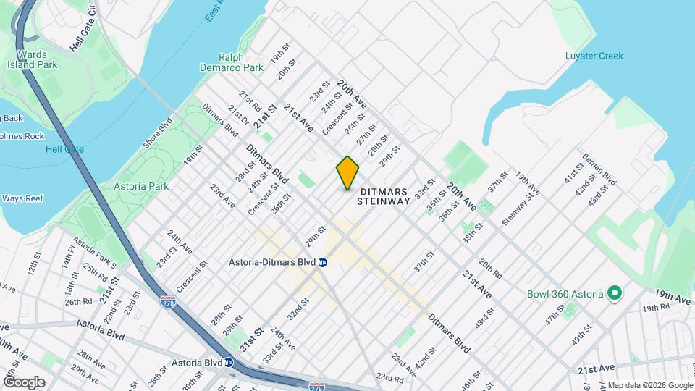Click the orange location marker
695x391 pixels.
coord(347,173)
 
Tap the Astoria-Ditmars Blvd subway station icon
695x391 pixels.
coord(323,262)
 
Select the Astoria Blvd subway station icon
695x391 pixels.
coord(229,363)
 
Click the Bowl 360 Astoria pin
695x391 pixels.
coord(615,293)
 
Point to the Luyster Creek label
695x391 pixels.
coord(594,56)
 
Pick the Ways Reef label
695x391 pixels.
coord(23,198)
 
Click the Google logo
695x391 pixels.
coord(24,382)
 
